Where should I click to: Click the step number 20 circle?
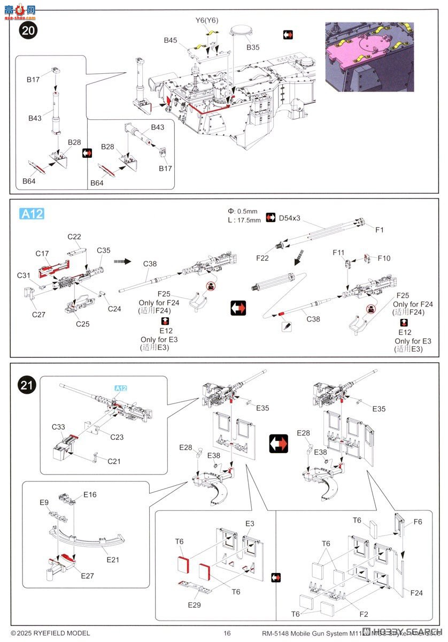tap(28, 30)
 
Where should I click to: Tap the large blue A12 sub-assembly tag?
tap(32, 214)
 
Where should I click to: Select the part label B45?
tap(171, 40)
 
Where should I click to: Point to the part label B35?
tap(253, 48)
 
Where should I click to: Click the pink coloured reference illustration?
tap(369, 57)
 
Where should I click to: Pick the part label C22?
tap(74, 237)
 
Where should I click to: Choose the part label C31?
tap(24, 275)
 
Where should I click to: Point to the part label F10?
tap(384, 258)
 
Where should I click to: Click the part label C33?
tap(58, 427)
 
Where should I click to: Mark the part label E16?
tap(90, 495)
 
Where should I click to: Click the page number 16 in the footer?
tap(227, 633)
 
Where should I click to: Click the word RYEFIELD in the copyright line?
tap(44, 633)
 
